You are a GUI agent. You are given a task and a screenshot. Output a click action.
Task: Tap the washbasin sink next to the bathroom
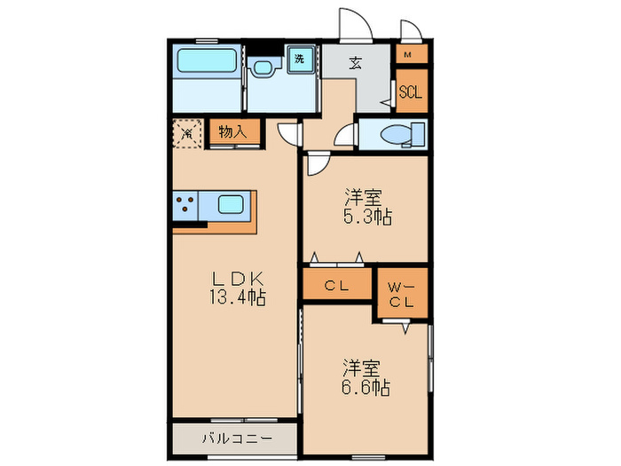click(263, 68)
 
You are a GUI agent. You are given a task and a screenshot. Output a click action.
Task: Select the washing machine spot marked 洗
click(301, 59)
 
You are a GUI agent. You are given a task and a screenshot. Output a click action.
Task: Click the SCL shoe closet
click(410, 92)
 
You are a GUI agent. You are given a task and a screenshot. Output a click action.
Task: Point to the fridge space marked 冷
click(188, 133)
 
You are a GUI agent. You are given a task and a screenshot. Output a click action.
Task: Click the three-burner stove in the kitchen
click(185, 207)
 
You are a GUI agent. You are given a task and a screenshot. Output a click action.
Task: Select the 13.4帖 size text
click(235, 296)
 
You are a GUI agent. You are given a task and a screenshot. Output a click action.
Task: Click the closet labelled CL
click(335, 285)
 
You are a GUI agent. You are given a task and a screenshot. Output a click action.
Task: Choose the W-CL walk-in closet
click(401, 293)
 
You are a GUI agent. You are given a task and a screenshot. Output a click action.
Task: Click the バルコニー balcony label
click(234, 437)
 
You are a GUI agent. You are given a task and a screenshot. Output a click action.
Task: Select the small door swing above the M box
click(409, 30)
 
